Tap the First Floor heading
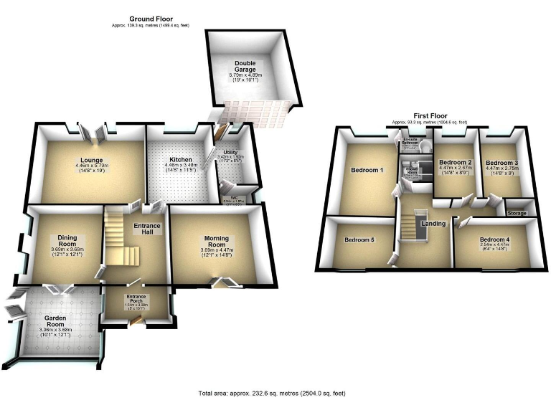(430, 115)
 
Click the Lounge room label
(90, 160)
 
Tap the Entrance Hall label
(146, 229)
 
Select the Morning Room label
(216, 242)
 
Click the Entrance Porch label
(137, 297)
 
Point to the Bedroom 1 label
(367, 171)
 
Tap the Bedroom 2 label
(456, 163)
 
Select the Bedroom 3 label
(501, 163)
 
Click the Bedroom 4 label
(494, 239)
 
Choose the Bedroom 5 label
(359, 239)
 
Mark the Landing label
(433, 224)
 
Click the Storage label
(517, 213)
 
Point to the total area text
(275, 394)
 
